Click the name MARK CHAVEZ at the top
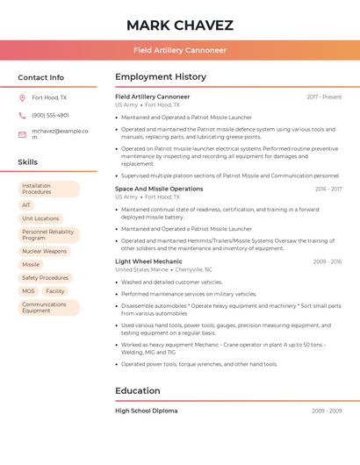(180, 25)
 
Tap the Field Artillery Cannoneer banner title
(180, 50)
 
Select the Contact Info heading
(40, 77)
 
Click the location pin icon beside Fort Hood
(22, 98)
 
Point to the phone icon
(22, 116)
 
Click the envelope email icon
(22, 134)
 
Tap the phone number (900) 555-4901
(50, 116)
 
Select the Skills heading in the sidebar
(28, 162)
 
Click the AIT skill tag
(26, 205)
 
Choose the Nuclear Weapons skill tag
(44, 252)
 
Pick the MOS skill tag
(28, 291)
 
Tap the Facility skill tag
(55, 291)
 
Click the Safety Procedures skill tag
(45, 278)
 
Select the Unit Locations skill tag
(40, 218)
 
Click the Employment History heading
(161, 77)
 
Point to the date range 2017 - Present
(324, 97)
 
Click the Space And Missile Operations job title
(159, 189)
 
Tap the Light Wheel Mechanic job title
(148, 261)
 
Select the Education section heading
(138, 390)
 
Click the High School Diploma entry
(146, 411)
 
